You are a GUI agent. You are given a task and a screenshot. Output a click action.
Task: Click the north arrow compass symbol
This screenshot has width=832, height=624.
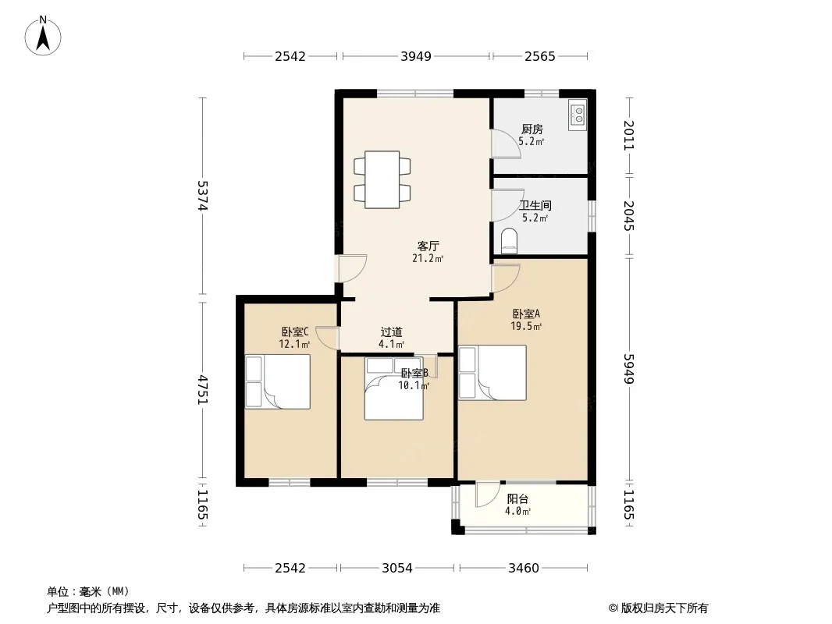point(43,36)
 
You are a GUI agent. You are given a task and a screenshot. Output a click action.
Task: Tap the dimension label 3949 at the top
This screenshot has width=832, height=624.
point(416,56)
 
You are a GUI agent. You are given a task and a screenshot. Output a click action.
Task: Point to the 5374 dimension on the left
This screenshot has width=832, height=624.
point(203,196)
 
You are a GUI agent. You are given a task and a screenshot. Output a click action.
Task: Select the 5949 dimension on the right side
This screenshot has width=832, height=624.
point(629,368)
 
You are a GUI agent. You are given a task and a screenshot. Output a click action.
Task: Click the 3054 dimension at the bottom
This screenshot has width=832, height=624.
point(397,569)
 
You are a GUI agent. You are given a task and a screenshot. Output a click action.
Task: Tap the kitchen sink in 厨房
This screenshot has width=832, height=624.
point(577,115)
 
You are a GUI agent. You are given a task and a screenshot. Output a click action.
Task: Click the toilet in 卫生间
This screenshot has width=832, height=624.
point(508,241)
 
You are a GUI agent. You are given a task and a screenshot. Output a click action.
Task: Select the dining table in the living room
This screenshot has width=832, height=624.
point(382,179)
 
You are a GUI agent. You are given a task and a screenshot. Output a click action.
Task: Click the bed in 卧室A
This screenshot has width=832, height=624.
point(492,373)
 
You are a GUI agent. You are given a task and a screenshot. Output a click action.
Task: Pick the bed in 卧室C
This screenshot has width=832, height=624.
point(278,381)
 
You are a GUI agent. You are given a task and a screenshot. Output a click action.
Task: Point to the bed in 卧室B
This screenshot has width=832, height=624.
point(393,389)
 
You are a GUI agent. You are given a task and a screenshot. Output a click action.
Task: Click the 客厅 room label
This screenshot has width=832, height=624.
point(428,246)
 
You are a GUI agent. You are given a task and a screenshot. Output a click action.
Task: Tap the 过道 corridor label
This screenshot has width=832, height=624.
point(392,332)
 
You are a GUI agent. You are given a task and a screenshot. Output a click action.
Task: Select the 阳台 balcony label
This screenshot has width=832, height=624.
point(517,499)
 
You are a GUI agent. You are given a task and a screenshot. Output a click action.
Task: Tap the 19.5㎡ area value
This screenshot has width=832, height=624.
point(526,327)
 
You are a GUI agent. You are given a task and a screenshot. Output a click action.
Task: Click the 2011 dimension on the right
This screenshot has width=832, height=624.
point(629,136)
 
